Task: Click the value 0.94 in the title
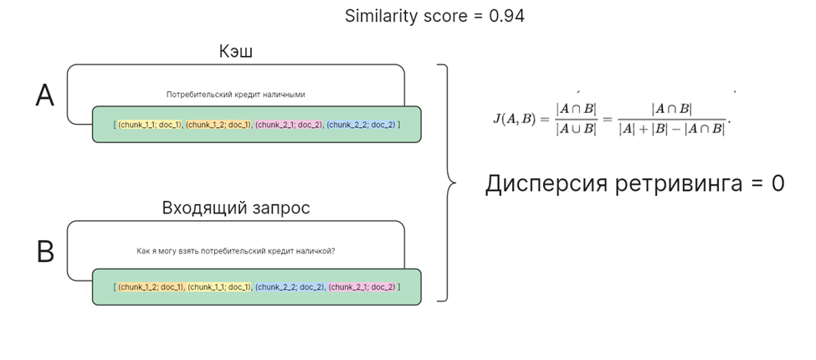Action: click(506, 16)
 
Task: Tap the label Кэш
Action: click(235, 52)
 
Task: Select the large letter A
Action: click(45, 96)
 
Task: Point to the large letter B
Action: click(45, 252)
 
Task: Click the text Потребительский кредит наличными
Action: click(235, 95)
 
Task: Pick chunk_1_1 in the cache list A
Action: click(150, 125)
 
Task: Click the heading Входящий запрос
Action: click(235, 208)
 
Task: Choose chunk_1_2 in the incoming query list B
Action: click(150, 287)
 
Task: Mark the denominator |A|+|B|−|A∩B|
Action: click(671, 130)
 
